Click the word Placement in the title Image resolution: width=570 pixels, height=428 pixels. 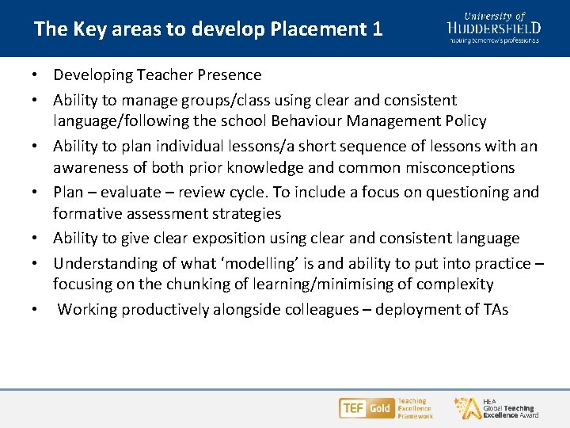(x=313, y=30)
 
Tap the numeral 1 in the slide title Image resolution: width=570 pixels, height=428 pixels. (x=376, y=30)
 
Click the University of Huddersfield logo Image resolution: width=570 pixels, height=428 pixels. (x=494, y=28)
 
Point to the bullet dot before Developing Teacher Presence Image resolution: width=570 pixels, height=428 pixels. (x=36, y=75)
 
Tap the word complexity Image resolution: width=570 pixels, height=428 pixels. (x=454, y=285)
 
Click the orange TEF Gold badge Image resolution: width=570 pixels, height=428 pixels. (x=366, y=408)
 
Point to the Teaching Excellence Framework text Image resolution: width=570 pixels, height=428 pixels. (x=415, y=408)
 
